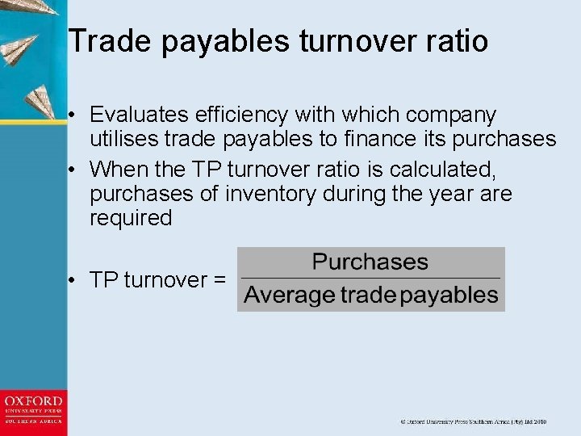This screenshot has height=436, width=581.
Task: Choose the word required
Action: coord(132,218)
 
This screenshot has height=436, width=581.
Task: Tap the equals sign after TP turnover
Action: coord(218,280)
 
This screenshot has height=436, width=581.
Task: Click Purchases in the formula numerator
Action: coord(370,262)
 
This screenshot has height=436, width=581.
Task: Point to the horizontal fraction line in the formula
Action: coord(370,279)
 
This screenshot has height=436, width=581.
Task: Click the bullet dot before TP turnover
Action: coord(73,280)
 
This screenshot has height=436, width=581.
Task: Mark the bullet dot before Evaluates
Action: coord(73,115)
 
